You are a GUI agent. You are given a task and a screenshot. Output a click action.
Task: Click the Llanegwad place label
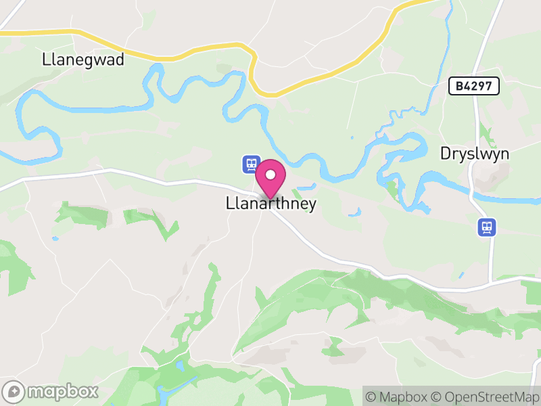click(x=83, y=60)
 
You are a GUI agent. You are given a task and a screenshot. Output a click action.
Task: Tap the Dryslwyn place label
click(x=475, y=153)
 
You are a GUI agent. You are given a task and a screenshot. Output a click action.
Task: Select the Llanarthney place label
click(x=270, y=204)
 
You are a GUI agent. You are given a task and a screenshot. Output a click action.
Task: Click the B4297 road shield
click(x=474, y=86)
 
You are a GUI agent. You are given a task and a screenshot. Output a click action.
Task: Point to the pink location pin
click(x=270, y=178)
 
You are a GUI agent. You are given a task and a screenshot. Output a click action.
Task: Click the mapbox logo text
click(x=63, y=391)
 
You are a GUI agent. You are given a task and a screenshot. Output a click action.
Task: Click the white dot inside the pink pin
click(x=270, y=175)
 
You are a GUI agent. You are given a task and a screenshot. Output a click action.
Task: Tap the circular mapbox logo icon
click(x=14, y=391)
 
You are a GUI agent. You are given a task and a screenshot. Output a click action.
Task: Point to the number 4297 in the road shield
click(x=479, y=86)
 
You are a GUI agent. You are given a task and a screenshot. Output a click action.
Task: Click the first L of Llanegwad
click(x=45, y=60)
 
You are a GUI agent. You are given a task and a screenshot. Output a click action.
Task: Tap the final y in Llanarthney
click(x=312, y=205)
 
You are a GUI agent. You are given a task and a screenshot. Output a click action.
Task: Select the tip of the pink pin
click(x=270, y=198)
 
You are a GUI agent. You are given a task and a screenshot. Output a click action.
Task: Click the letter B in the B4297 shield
click(x=459, y=86)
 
